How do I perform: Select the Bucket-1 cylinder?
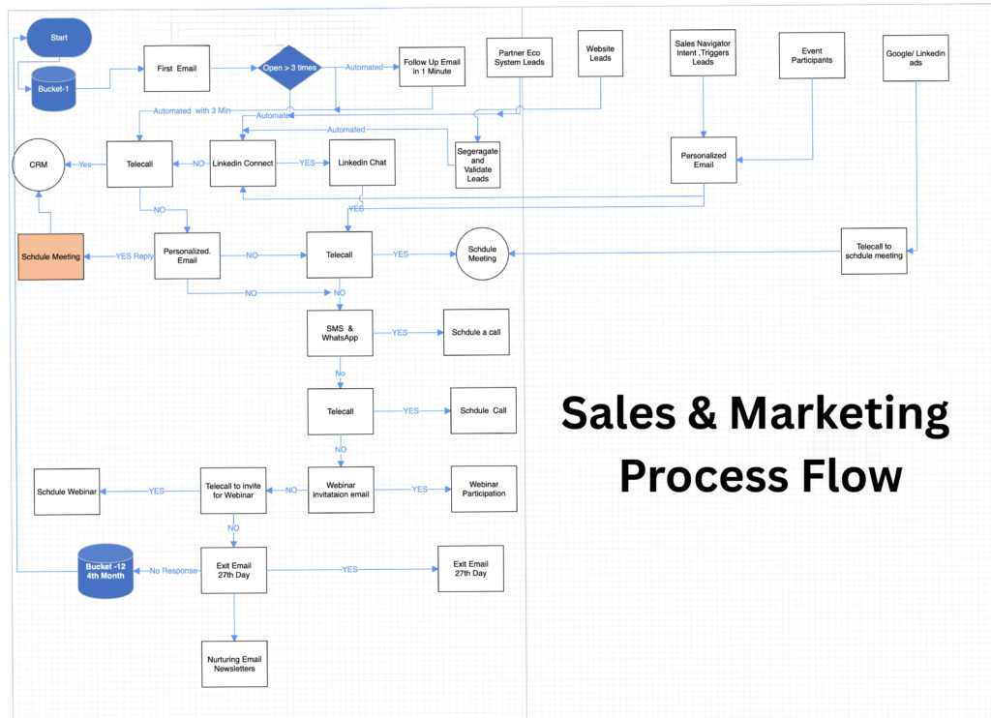(54, 89)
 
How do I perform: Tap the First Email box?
(177, 69)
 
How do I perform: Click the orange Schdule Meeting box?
(50, 257)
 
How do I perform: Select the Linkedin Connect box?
(242, 163)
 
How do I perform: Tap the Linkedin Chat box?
(363, 163)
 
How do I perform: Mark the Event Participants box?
(812, 55)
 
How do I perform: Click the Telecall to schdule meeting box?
(874, 250)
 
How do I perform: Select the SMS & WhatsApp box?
(339, 332)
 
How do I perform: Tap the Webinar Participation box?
(484, 488)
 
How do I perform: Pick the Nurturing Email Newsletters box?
(234, 664)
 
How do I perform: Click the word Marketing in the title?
(838, 414)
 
